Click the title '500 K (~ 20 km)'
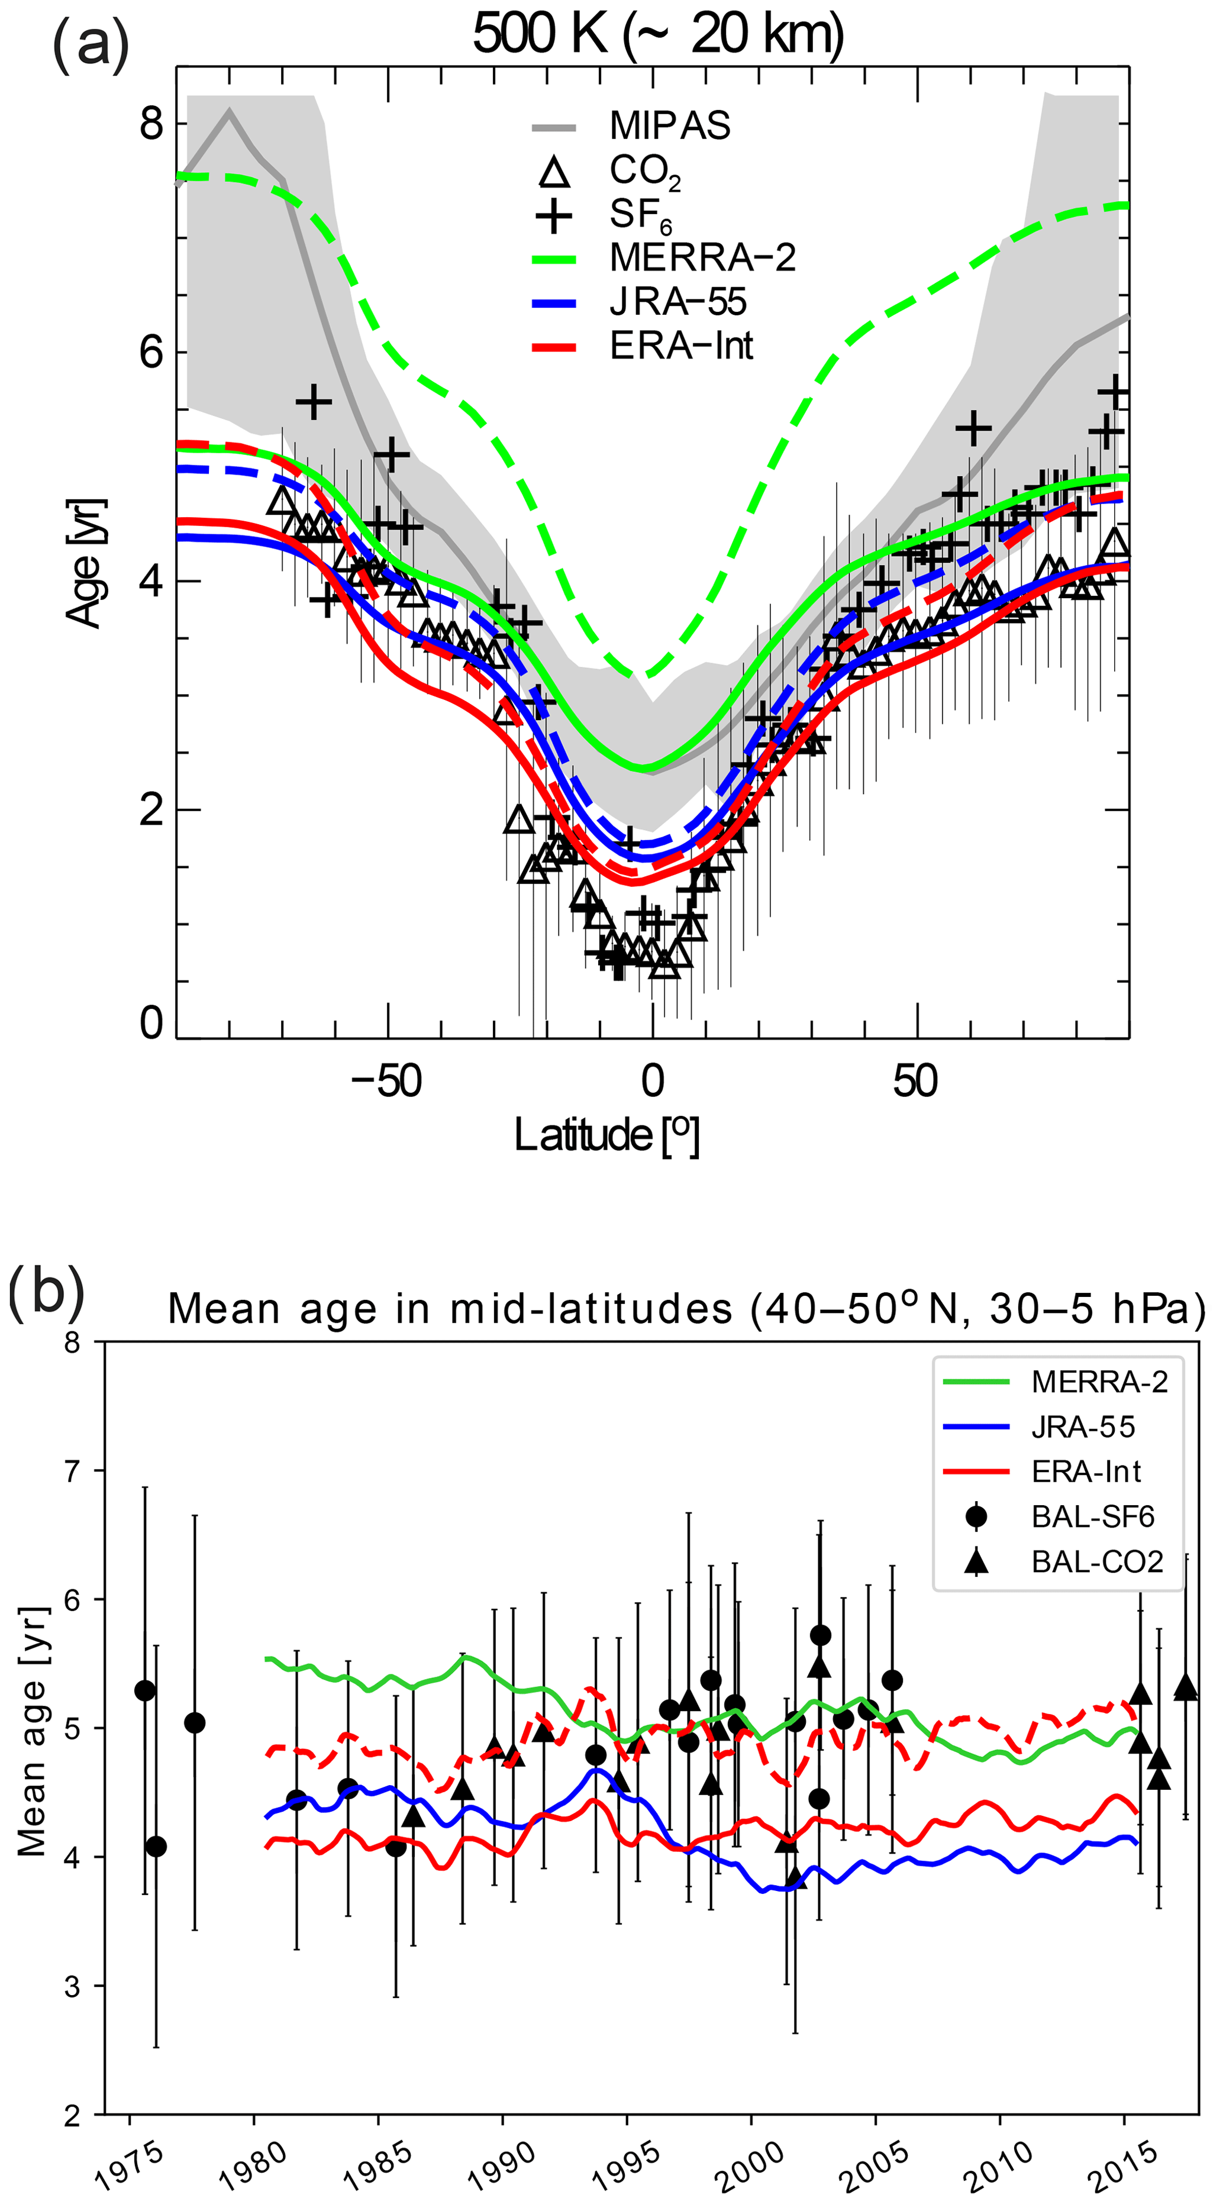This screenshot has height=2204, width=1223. pyautogui.click(x=657, y=34)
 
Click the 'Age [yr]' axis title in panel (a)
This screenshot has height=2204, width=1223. pyautogui.click(x=86, y=562)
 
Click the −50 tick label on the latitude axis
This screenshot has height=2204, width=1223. pyautogui.click(x=387, y=1082)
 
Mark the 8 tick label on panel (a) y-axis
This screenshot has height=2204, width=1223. pyautogui.click(x=151, y=124)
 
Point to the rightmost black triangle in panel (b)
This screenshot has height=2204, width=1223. pyautogui.click(x=1185, y=1686)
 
